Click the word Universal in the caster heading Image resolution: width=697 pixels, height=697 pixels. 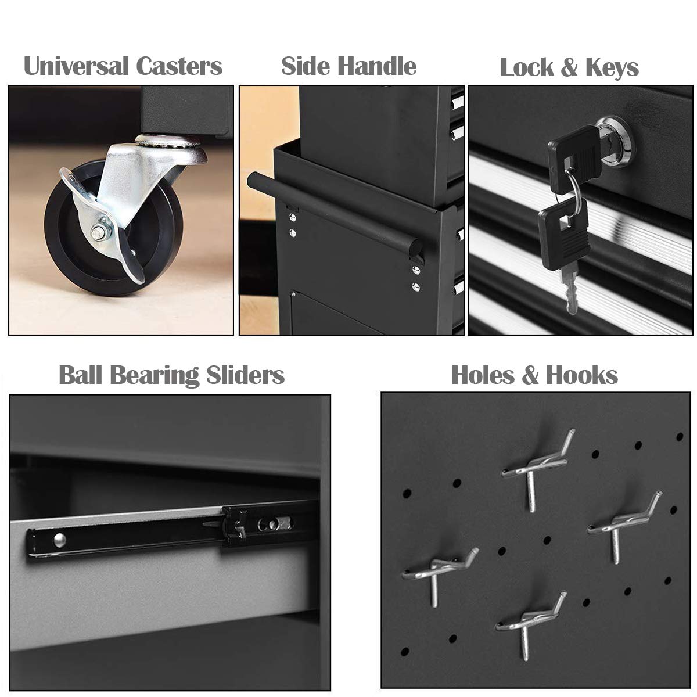(78, 66)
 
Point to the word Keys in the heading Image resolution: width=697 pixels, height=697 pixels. (611, 69)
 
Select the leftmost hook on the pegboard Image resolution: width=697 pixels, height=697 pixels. (441, 572)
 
